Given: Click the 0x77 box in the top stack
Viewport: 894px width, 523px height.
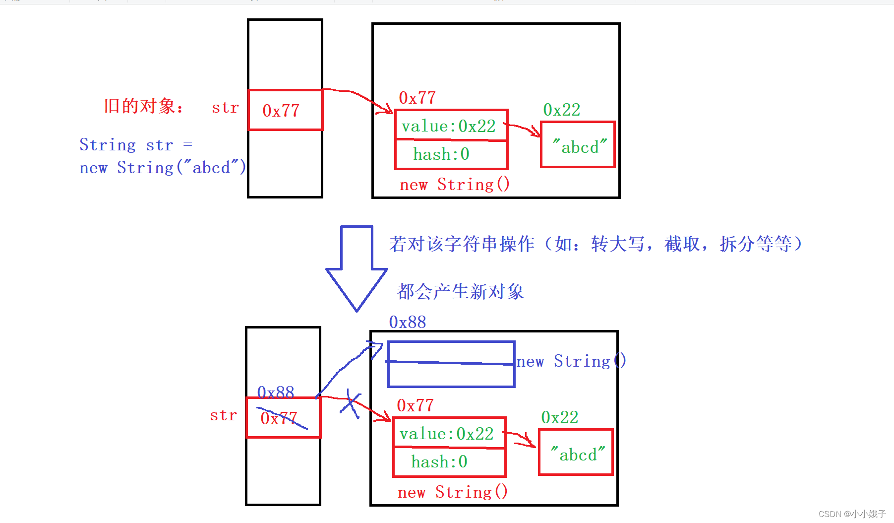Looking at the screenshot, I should [285, 110].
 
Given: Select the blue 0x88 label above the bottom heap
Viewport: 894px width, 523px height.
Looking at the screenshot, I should [407, 323].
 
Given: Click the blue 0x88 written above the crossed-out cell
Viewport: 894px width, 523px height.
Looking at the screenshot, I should [276, 392].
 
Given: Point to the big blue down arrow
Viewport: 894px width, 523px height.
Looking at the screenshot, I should [357, 268].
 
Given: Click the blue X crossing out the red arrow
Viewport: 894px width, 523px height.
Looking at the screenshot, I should [351, 403].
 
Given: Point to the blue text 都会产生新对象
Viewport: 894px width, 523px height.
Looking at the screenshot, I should [460, 292].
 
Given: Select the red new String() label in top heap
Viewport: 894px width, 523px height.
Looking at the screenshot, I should [454, 185].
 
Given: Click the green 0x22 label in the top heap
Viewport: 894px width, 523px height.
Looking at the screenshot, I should [561, 110].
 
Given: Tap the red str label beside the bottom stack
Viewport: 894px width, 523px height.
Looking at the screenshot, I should [223, 415].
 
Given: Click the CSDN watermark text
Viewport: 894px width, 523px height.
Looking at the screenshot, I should [851, 514].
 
